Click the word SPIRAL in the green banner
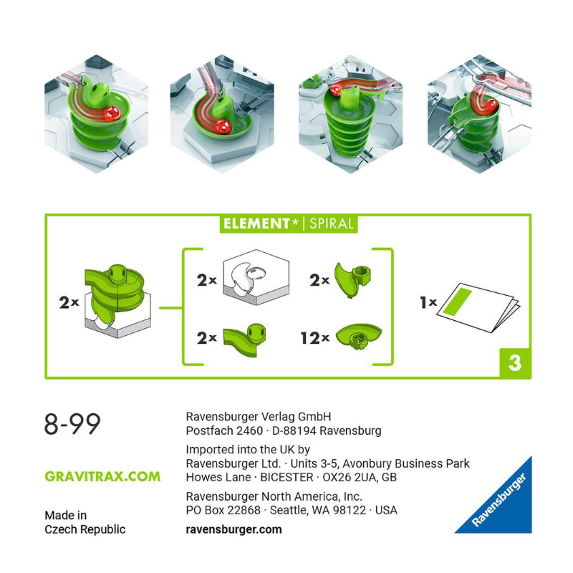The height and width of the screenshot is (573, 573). pyautogui.click(x=331, y=223)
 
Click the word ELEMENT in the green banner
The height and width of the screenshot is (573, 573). pyautogui.click(x=256, y=223)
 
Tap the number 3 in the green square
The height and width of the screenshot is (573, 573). pyautogui.click(x=515, y=363)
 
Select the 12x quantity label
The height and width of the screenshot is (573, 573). pyautogui.click(x=315, y=338)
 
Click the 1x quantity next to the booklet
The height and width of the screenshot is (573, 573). pyautogui.click(x=428, y=302)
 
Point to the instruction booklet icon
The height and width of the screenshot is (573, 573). pyautogui.click(x=478, y=307)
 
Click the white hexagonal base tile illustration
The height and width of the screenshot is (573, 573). pyautogui.click(x=256, y=277)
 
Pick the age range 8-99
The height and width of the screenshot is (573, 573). pyautogui.click(x=72, y=424)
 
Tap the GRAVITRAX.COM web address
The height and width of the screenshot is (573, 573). pyautogui.click(x=102, y=476)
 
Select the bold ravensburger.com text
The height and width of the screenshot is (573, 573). pyautogui.click(x=234, y=529)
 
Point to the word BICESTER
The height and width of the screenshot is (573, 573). pyautogui.click(x=287, y=477)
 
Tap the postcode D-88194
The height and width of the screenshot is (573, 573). pyautogui.click(x=294, y=431)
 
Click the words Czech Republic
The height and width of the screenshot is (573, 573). pyautogui.click(x=85, y=529)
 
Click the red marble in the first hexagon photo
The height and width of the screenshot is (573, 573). pyautogui.click(x=112, y=114)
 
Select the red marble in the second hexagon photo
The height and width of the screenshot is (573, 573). pyautogui.click(x=222, y=127)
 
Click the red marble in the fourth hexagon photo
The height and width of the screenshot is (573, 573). pyautogui.click(x=490, y=105)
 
